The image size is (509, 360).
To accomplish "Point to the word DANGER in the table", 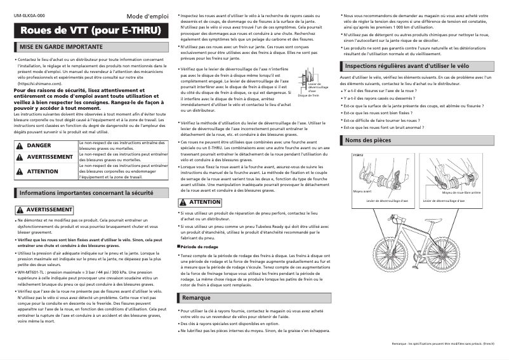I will coord(39,145).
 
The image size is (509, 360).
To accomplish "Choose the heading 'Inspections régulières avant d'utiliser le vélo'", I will coord(407,65).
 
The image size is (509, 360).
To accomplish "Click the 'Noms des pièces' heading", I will coord(368,140).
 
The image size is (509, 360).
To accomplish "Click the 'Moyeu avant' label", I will coord(362,190).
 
